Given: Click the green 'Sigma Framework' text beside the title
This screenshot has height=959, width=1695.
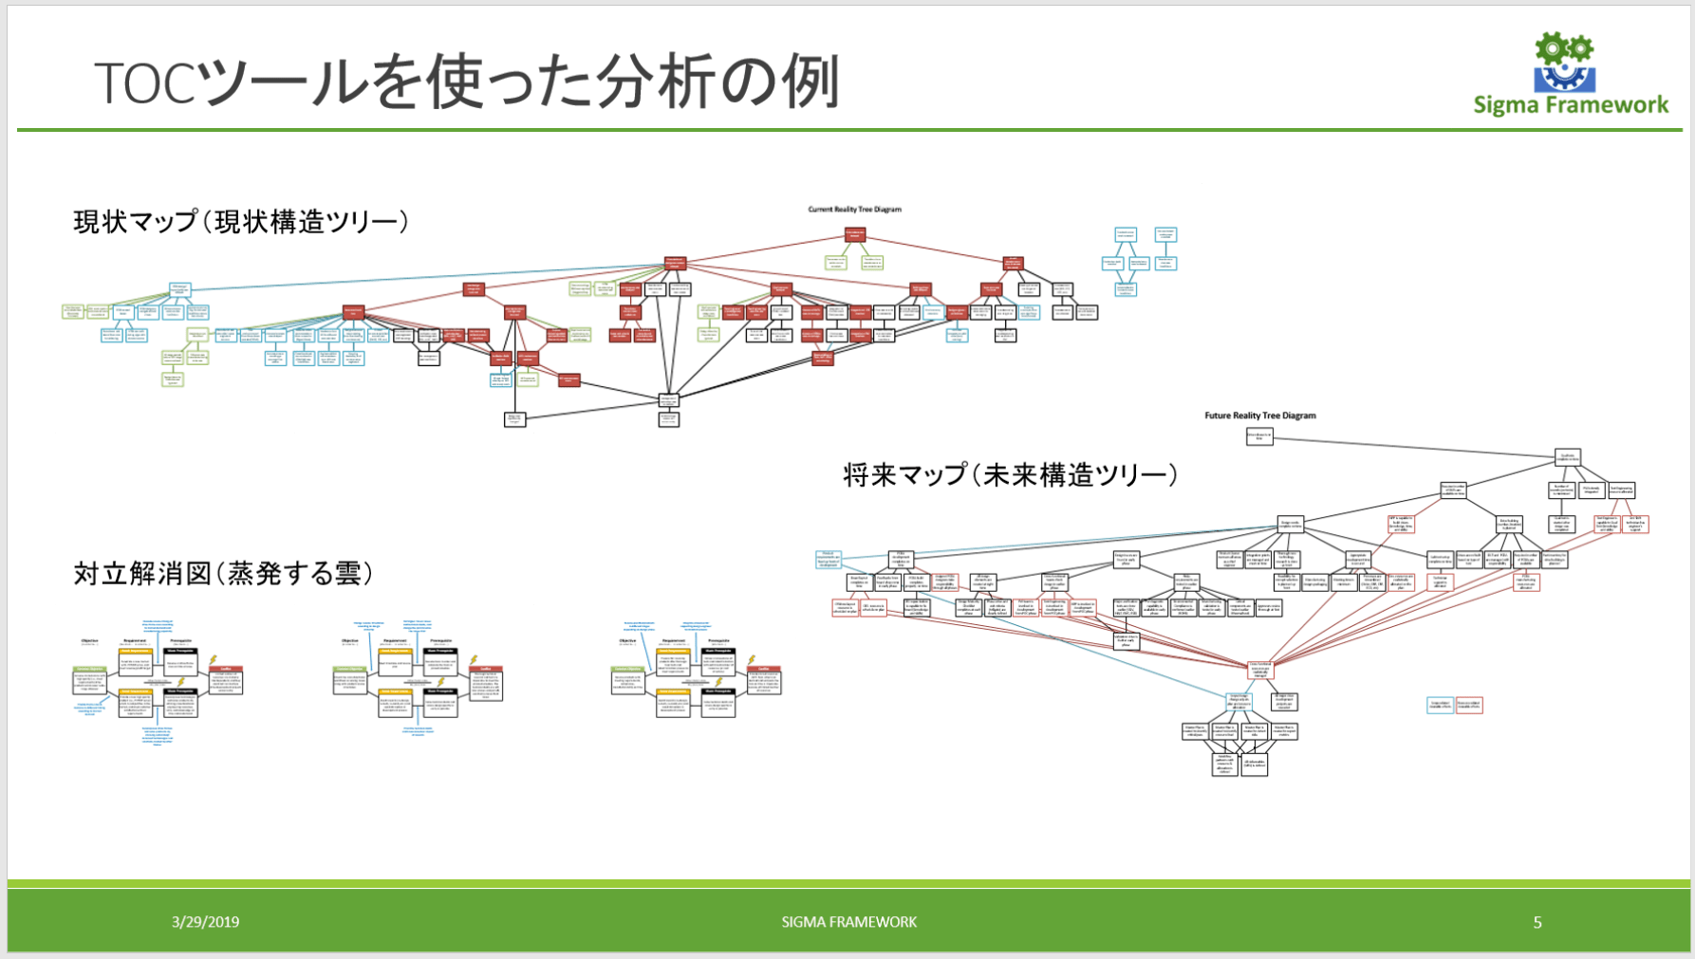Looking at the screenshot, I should [1571, 105].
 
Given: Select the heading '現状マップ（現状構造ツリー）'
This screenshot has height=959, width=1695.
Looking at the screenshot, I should [241, 222].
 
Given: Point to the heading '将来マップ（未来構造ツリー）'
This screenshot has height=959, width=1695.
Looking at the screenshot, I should [1010, 474].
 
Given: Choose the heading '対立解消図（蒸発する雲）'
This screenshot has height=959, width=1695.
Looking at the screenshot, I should [224, 574].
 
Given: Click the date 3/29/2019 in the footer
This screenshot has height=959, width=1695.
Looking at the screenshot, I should [205, 922].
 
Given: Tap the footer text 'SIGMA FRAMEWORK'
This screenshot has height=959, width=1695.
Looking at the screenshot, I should [848, 922].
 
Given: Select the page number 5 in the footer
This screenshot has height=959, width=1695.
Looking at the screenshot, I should [1537, 922].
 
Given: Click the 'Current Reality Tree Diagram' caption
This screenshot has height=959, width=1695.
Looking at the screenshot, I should [854, 210].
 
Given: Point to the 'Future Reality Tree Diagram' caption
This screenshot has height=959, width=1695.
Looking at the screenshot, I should [1259, 415].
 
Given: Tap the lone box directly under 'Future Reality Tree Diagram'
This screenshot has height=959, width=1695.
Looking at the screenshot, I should [1258, 436].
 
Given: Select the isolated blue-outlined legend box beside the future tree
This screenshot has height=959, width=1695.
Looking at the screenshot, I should [1440, 705].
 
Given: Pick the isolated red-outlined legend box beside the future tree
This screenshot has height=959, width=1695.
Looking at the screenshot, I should [1468, 705].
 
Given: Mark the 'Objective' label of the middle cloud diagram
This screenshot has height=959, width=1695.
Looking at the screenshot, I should [349, 641].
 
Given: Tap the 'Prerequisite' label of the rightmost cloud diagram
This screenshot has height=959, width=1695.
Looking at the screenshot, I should [718, 641].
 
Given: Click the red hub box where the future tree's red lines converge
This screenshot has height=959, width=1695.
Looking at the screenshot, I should [1259, 670].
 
